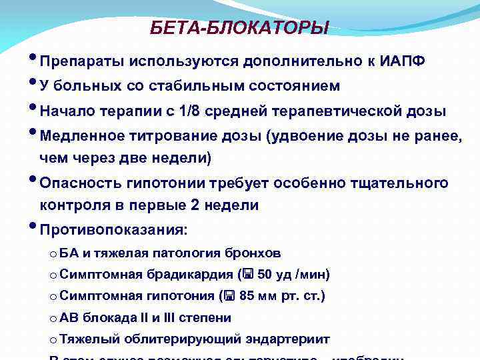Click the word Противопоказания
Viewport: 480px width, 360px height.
[113, 230]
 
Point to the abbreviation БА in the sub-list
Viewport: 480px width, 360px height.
[69, 253]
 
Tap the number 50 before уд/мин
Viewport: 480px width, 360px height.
[265, 275]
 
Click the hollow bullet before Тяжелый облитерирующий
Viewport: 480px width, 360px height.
[53, 340]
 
